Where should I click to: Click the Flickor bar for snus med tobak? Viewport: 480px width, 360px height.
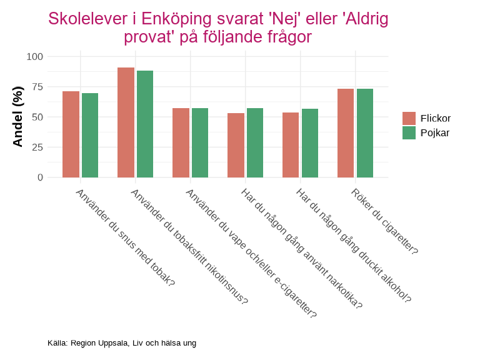coord(71,134)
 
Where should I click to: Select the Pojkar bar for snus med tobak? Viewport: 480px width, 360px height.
coord(90,135)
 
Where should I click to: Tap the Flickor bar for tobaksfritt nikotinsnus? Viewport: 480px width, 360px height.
coord(126,122)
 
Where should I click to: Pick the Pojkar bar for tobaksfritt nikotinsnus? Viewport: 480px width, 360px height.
coord(145,124)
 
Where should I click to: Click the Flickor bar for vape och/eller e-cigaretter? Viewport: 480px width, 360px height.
coord(181,142)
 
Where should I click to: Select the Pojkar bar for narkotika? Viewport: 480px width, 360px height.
coord(255,142)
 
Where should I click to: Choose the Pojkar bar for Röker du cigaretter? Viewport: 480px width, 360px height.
coord(365,133)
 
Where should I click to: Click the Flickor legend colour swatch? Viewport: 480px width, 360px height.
coord(409,118)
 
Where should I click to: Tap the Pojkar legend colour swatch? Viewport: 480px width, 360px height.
coord(409,132)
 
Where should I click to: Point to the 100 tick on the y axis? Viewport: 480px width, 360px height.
coord(35,57)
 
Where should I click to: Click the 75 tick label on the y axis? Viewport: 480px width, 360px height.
coord(37,87)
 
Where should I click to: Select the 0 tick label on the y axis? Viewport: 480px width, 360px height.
coord(40,177)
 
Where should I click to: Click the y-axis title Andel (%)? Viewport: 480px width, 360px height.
coord(17,117)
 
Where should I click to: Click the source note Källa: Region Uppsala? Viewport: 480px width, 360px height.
coord(122,343)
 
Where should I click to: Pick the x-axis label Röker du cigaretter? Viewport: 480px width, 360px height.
coord(384,221)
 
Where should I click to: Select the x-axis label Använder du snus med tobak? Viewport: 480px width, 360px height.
coord(124,237)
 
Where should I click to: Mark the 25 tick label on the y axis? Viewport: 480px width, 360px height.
coord(37,147)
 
